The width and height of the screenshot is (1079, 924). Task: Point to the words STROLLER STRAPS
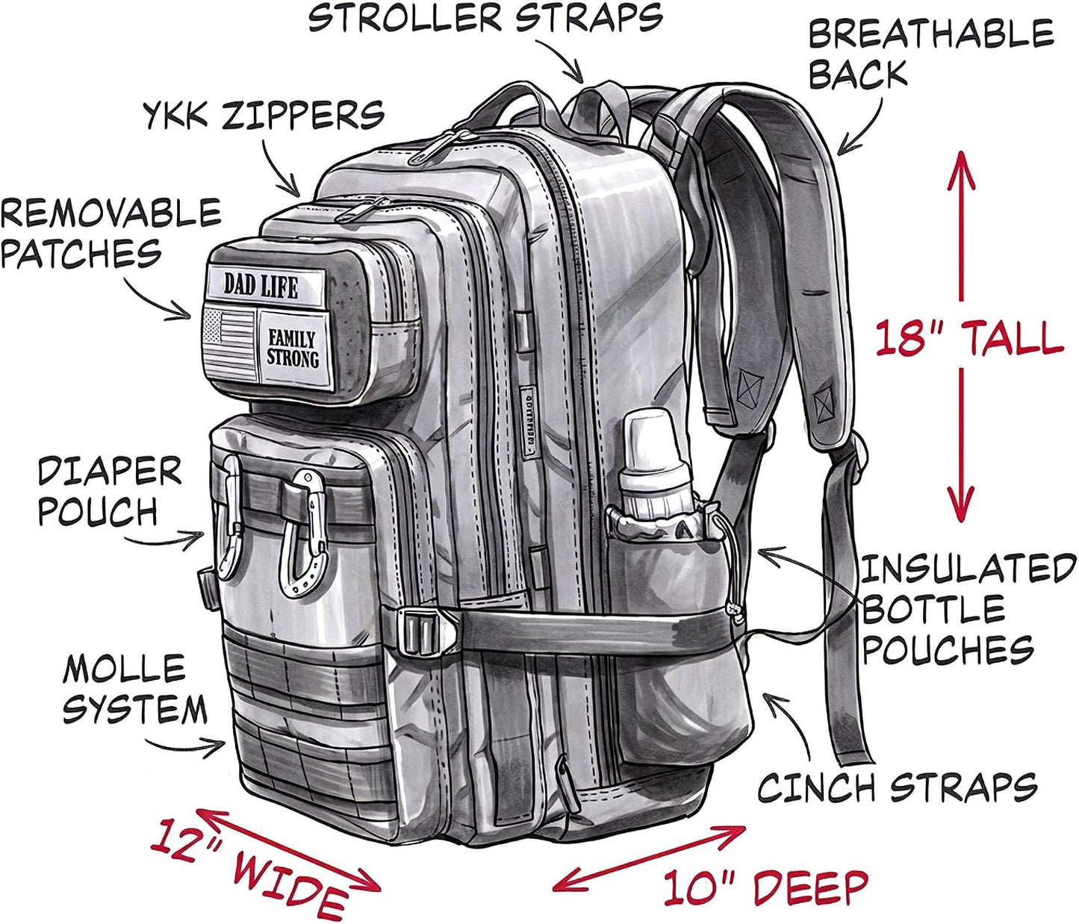(x=485, y=17)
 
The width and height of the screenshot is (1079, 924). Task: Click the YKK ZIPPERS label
(x=264, y=115)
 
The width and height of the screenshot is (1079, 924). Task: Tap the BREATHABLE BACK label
(x=930, y=53)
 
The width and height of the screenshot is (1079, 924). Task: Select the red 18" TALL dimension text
(x=968, y=337)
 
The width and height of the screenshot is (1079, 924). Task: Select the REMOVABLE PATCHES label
(x=111, y=233)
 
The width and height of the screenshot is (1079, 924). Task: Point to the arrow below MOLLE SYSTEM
(x=184, y=746)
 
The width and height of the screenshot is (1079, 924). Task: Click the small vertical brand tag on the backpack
(x=526, y=415)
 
